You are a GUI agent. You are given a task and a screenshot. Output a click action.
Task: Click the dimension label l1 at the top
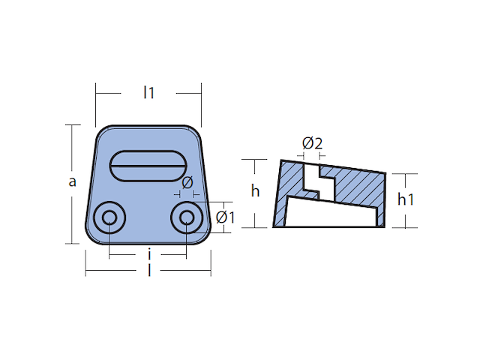click(x=148, y=93)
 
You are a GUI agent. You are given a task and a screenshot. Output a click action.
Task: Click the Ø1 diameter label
click(x=225, y=217)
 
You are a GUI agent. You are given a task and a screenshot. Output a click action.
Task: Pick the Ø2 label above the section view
click(x=312, y=142)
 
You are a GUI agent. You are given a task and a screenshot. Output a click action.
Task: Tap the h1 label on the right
click(x=406, y=199)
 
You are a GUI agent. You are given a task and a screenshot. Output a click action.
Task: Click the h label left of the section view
click(x=256, y=191)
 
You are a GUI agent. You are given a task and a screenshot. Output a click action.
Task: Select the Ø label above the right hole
click(x=188, y=182)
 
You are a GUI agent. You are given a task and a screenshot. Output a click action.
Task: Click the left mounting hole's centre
click(x=109, y=218)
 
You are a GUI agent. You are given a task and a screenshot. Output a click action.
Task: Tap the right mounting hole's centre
click(x=185, y=218)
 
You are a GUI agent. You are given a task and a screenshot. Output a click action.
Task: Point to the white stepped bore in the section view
click(x=312, y=180)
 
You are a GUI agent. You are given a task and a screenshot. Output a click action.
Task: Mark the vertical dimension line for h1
click(x=406, y=217)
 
